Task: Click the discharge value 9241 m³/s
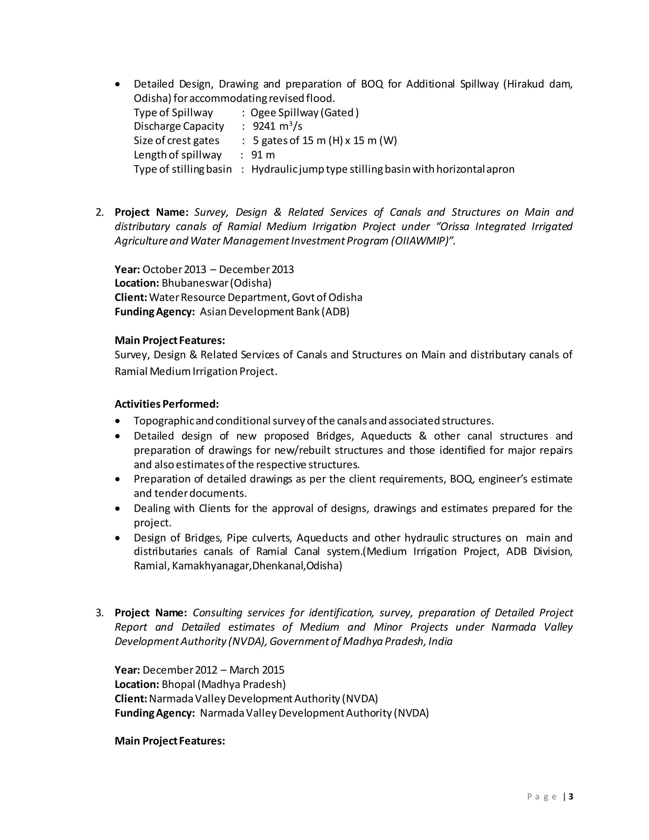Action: click(x=277, y=126)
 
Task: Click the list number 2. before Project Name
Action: click(x=100, y=212)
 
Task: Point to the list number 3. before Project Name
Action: click(x=100, y=613)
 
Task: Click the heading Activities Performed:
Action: click(x=166, y=404)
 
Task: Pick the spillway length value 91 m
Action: click(x=263, y=155)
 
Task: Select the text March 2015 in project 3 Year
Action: click(x=257, y=670)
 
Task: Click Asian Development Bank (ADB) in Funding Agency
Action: click(x=274, y=312)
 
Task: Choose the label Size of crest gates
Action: click(x=177, y=140)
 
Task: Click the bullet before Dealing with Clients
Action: click(x=118, y=509)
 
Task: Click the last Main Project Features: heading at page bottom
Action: click(x=170, y=741)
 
